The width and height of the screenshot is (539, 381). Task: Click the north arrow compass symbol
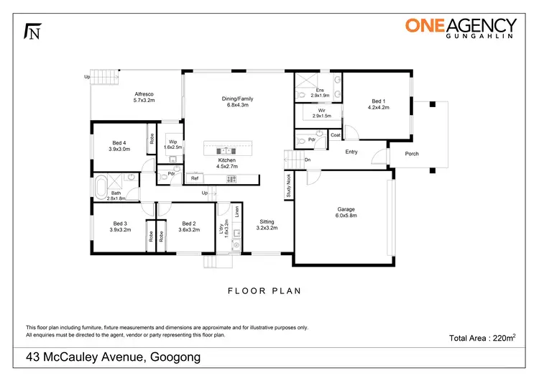pyautogui.click(x=32, y=31)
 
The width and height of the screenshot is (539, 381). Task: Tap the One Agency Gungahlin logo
pyautogui.click(x=461, y=29)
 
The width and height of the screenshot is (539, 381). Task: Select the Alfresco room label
pyautogui.click(x=144, y=98)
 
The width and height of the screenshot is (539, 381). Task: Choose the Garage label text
pyautogui.click(x=346, y=211)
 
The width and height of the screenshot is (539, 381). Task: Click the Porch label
pyautogui.click(x=411, y=153)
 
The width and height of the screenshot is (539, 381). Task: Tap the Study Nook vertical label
pyautogui.click(x=289, y=185)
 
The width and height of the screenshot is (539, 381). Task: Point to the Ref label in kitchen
pyautogui.click(x=194, y=178)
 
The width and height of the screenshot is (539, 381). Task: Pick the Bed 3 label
pyautogui.click(x=119, y=227)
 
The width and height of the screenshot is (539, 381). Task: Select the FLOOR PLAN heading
pyautogui.click(x=264, y=291)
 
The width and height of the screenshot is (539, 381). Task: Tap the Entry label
pyautogui.click(x=351, y=152)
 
